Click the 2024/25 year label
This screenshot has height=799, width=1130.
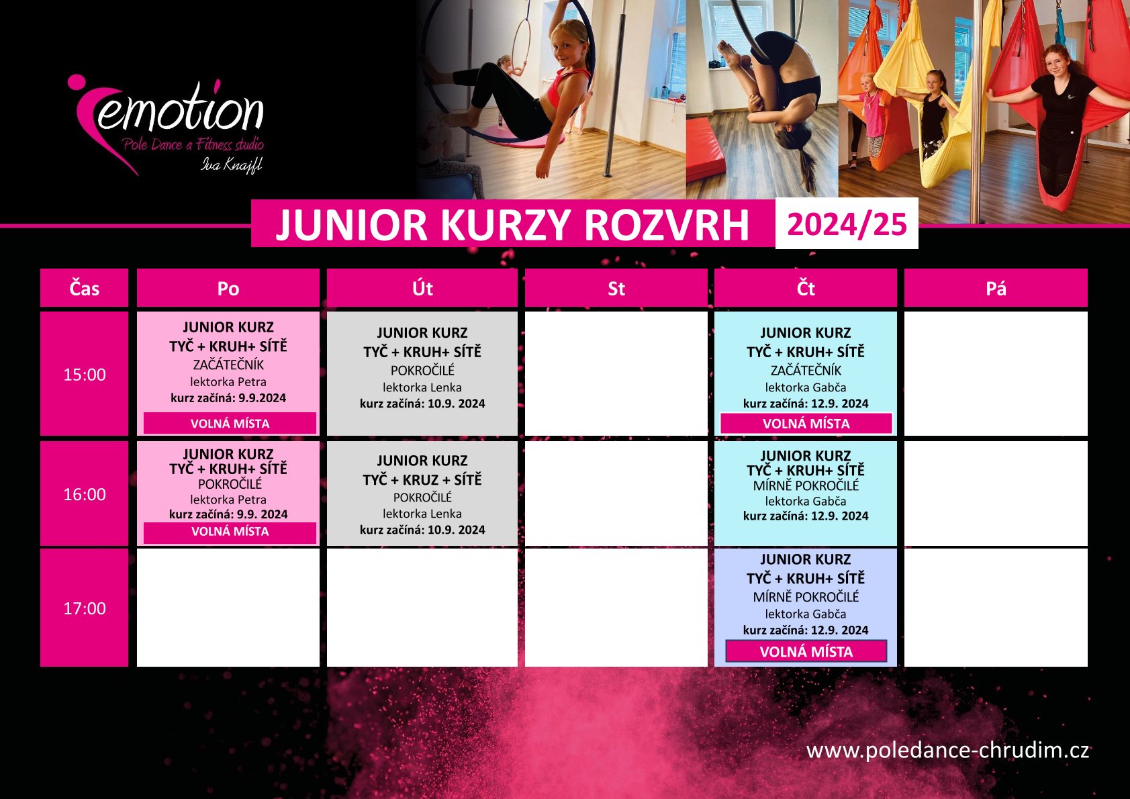click(x=847, y=224)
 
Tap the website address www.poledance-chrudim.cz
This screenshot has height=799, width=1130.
click(x=947, y=751)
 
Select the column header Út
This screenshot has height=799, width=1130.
click(x=422, y=288)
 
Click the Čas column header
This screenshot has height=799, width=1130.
click(x=84, y=288)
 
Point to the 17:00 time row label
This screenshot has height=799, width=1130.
click(x=84, y=608)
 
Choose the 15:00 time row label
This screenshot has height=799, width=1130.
click(x=84, y=374)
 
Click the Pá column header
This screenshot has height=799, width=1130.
click(x=996, y=288)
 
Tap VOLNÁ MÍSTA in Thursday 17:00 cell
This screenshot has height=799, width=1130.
click(x=806, y=652)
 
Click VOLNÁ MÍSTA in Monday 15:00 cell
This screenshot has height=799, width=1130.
click(x=230, y=423)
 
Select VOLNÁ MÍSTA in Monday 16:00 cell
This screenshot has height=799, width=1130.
click(x=230, y=532)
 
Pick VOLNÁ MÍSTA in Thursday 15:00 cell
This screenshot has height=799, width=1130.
click(x=806, y=423)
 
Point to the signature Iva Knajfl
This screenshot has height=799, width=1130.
click(x=232, y=164)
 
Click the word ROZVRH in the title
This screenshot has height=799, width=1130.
click(x=667, y=225)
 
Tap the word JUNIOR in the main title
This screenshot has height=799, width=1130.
click(x=352, y=225)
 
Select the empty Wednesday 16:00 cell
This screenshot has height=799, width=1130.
click(x=616, y=493)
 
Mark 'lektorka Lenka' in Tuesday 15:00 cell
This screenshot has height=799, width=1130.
click(x=422, y=387)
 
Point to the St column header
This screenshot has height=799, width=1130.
click(x=616, y=288)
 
